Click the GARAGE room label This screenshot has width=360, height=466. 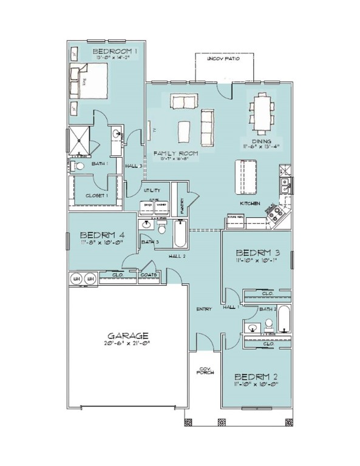point(128,334)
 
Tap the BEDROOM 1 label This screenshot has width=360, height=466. point(115,52)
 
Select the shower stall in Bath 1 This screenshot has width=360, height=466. point(80,140)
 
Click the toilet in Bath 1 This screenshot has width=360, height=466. point(78,165)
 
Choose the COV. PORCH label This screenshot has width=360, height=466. point(203,371)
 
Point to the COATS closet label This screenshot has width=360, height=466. point(149,274)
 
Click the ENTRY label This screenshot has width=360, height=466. point(204,309)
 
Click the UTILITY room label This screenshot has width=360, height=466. point(152,191)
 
